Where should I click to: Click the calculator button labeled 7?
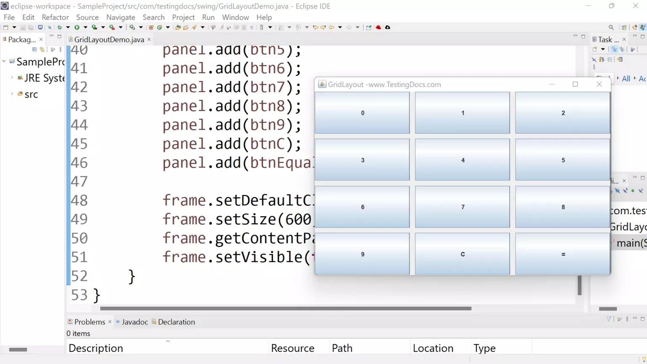(463, 207)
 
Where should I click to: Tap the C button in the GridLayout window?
(463, 254)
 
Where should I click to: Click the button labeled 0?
(362, 113)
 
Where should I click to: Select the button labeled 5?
(563, 160)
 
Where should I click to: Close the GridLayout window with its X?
(599, 84)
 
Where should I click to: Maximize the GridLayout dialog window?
(575, 84)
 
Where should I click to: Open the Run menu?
(208, 17)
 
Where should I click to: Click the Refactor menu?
(55, 17)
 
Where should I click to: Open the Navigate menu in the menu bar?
(120, 17)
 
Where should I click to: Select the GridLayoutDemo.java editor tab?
(109, 40)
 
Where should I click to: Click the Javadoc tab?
(134, 322)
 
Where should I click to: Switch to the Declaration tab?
(176, 322)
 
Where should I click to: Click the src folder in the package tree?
(31, 95)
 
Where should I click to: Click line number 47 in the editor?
(79, 181)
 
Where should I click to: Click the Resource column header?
(293, 348)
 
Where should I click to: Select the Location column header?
(433, 348)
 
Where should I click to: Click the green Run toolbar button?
(77, 27)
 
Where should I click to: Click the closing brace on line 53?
(96, 295)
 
